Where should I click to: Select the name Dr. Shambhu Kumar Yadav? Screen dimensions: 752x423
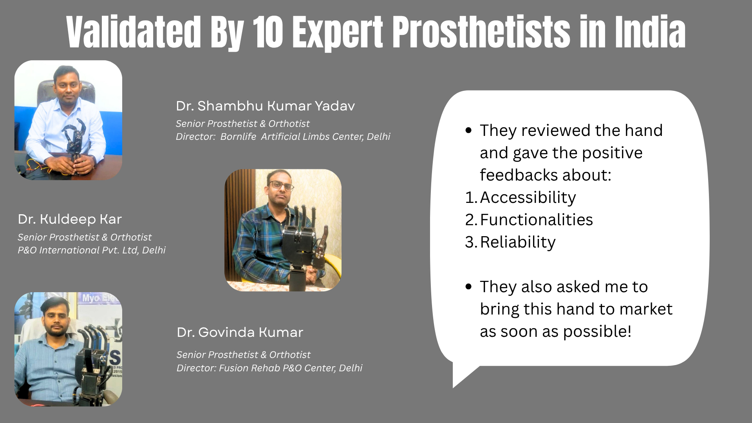(x=265, y=106)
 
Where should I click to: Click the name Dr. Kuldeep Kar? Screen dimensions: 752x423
(x=70, y=219)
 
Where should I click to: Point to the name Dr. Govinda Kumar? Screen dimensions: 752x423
(x=240, y=332)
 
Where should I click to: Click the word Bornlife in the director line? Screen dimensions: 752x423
(x=238, y=136)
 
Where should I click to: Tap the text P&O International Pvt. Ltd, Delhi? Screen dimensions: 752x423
(x=92, y=250)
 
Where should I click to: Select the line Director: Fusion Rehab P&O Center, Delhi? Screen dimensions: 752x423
(x=269, y=368)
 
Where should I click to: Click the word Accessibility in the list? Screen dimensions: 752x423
(x=528, y=198)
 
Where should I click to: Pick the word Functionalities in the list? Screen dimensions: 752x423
(x=536, y=220)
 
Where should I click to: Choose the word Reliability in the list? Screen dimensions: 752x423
(x=518, y=242)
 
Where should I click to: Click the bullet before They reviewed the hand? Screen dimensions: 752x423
(x=469, y=130)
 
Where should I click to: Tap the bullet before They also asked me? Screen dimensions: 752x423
(x=469, y=287)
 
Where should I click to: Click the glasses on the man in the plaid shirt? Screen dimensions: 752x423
(x=281, y=185)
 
